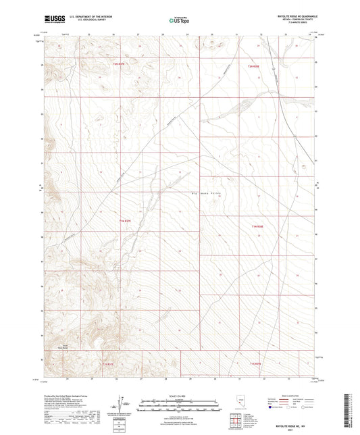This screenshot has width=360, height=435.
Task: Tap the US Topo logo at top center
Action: tap(179, 20)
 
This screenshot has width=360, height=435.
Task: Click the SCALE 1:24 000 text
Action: tap(180, 395)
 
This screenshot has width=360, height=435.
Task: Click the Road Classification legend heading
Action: tap(286, 395)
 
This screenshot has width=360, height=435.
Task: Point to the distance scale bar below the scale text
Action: tap(180, 401)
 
